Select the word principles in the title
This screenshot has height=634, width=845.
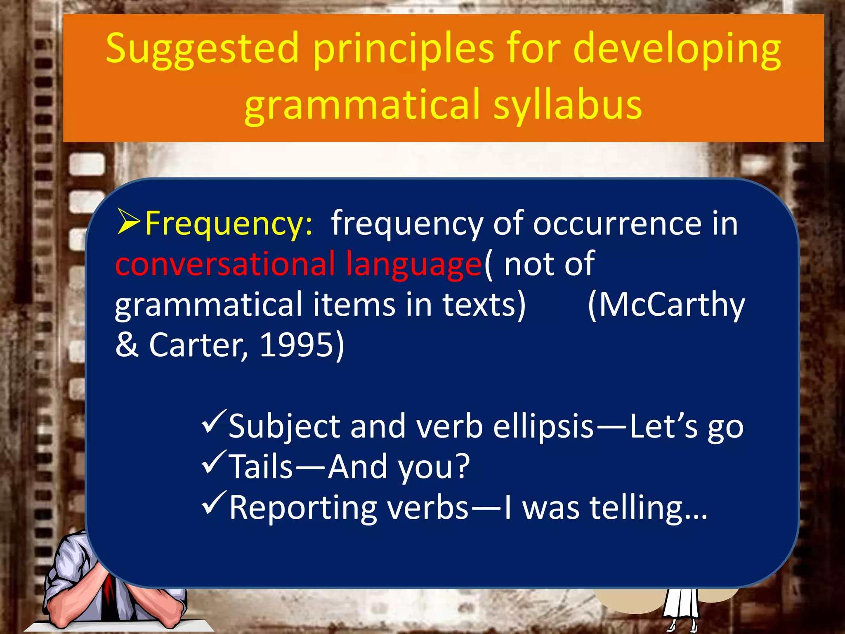[403, 50]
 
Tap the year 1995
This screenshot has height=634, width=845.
[296, 345]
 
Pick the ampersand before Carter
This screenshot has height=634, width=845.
[127, 345]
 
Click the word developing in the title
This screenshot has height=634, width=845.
[677, 50]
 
